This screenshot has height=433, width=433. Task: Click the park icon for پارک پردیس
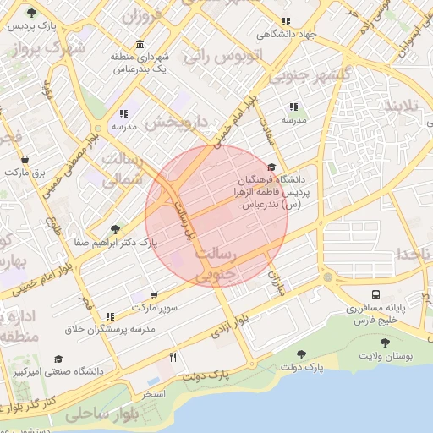point(31,14)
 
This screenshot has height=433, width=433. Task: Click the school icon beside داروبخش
point(124,112)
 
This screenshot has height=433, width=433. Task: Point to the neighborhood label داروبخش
point(176,122)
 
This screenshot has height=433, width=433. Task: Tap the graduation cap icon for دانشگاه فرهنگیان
point(271,167)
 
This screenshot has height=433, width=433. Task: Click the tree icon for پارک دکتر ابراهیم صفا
point(115,229)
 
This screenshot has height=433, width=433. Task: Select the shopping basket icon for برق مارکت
point(25,159)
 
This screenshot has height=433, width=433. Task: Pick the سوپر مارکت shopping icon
point(153,294)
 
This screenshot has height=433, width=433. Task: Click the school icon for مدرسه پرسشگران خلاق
point(110,316)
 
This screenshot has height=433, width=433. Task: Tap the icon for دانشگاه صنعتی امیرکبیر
point(58,359)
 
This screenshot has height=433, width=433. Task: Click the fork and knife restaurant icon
point(173,358)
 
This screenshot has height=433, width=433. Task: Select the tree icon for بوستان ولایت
point(386,343)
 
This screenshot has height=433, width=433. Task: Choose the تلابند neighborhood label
point(403,107)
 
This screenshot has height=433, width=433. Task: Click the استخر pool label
point(154,395)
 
